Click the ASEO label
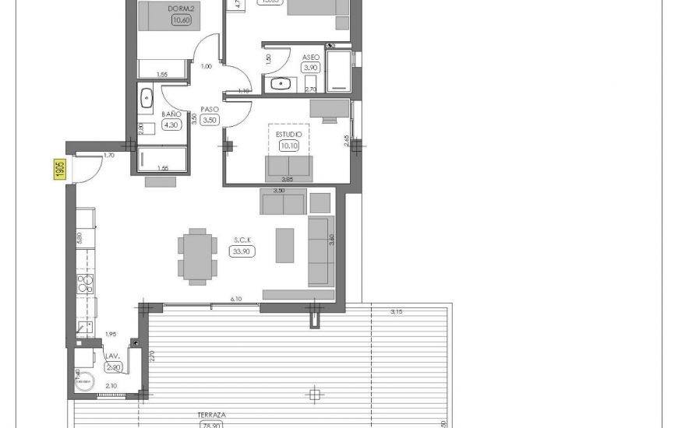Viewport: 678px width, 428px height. click(311, 57)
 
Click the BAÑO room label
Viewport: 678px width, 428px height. click(171, 114)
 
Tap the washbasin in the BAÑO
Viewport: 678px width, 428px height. click(147, 97)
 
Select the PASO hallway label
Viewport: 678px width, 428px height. click(209, 109)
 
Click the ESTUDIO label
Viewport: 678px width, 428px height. click(288, 134)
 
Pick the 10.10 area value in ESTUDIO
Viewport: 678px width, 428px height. click(288, 145)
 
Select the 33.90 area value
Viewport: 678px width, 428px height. click(240, 251)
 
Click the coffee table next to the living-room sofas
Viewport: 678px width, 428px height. click(284, 244)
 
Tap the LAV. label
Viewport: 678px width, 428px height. click(112, 356)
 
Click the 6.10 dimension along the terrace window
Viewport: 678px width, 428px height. click(235, 299)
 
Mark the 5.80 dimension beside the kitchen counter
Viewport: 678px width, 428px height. click(79, 238)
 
